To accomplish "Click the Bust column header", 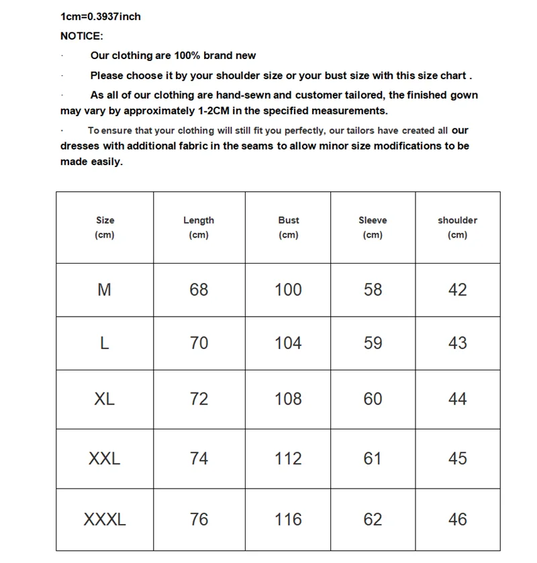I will pos(288,227).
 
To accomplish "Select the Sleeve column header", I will pos(373,227).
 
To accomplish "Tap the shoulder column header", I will pos(457,227).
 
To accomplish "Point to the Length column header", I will pos(199,227).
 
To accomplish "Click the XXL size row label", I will pos(105,459).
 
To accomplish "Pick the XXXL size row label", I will pos(105,519).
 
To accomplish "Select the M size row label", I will pos(105,290).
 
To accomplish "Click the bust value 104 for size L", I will pos(288,344).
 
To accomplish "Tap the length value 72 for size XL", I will pos(199,399).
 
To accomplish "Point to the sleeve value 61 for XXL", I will pos(373,459).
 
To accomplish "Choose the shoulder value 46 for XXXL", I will pos(457,519).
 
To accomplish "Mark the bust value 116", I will pos(288,519).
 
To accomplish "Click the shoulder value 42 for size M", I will pos(457,290).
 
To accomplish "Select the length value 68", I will pos(199,290).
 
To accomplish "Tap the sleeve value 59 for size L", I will pos(373,344).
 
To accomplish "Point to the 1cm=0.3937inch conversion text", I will pos(101,17).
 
